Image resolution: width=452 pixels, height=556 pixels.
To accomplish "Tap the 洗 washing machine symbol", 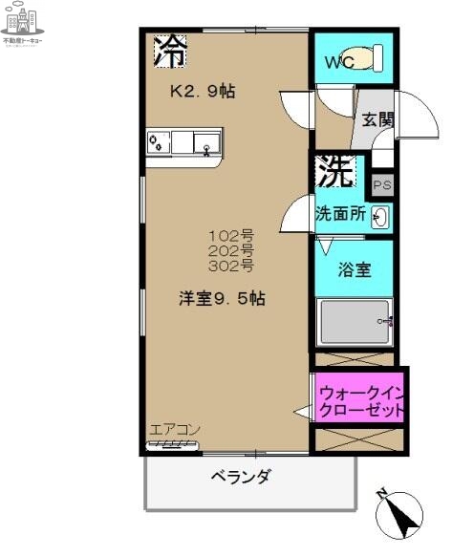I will [x=334, y=172].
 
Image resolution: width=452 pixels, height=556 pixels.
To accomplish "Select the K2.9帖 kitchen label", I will [x=203, y=93].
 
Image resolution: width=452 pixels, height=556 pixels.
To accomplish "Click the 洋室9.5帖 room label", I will [x=222, y=298].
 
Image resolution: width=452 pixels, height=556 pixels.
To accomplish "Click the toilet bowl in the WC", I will [x=364, y=57].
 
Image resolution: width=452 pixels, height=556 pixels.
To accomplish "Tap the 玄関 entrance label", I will [x=377, y=119].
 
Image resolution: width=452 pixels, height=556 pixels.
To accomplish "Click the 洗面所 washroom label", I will [x=341, y=215].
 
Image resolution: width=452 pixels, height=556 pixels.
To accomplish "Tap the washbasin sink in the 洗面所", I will [x=379, y=217].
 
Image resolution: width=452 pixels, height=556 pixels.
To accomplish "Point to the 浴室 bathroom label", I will [x=354, y=270].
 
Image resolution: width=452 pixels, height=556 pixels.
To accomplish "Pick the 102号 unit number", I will [x=232, y=234].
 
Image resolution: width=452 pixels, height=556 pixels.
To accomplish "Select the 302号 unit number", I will [x=232, y=265].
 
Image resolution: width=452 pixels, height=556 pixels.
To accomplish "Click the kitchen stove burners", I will [x=159, y=143].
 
